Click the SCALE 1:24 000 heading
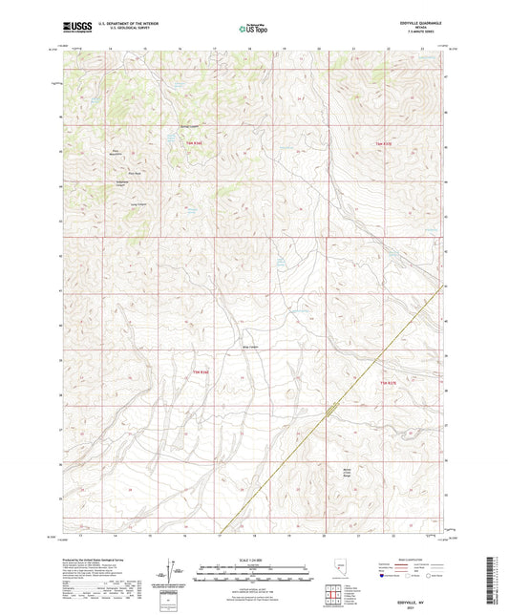[254, 560]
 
